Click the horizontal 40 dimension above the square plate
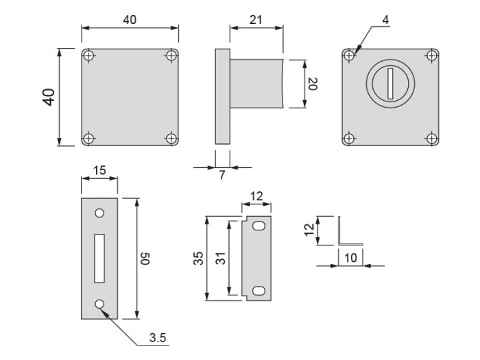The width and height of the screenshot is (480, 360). click(x=130, y=20)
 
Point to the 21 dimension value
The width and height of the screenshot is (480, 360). click(x=256, y=21)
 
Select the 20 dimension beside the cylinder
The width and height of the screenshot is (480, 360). click(x=312, y=84)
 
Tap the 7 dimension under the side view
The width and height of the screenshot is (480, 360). click(x=222, y=176)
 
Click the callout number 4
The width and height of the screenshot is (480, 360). click(x=386, y=20)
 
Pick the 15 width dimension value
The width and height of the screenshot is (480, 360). click(x=99, y=170)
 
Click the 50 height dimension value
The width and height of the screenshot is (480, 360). click(x=145, y=259)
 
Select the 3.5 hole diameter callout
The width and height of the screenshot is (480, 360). click(x=158, y=337)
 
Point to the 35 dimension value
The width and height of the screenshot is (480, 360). click(x=198, y=258)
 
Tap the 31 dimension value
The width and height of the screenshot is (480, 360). click(x=221, y=258)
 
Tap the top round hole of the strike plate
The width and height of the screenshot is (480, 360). click(x=100, y=213)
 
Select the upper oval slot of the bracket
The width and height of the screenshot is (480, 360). click(x=259, y=226)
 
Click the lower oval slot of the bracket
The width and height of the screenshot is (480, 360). click(x=259, y=291)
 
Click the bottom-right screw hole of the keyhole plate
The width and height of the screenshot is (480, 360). click(x=431, y=139)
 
